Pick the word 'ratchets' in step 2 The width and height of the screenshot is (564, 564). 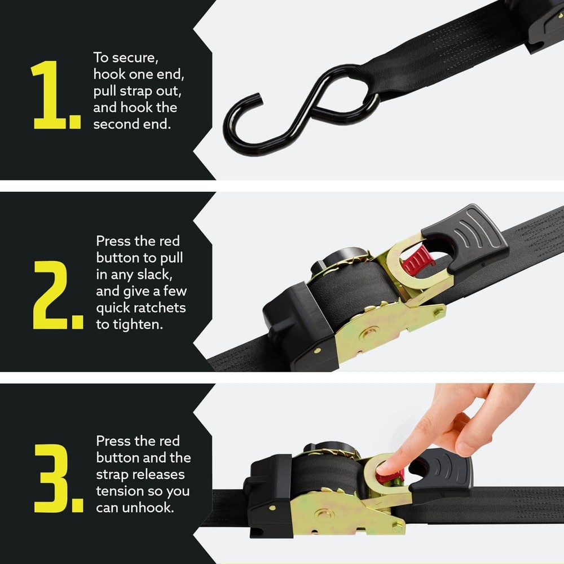pos(160,309)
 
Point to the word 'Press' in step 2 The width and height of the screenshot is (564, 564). pos(113,241)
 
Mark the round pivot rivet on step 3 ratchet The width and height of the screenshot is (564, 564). pos(324,514)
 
